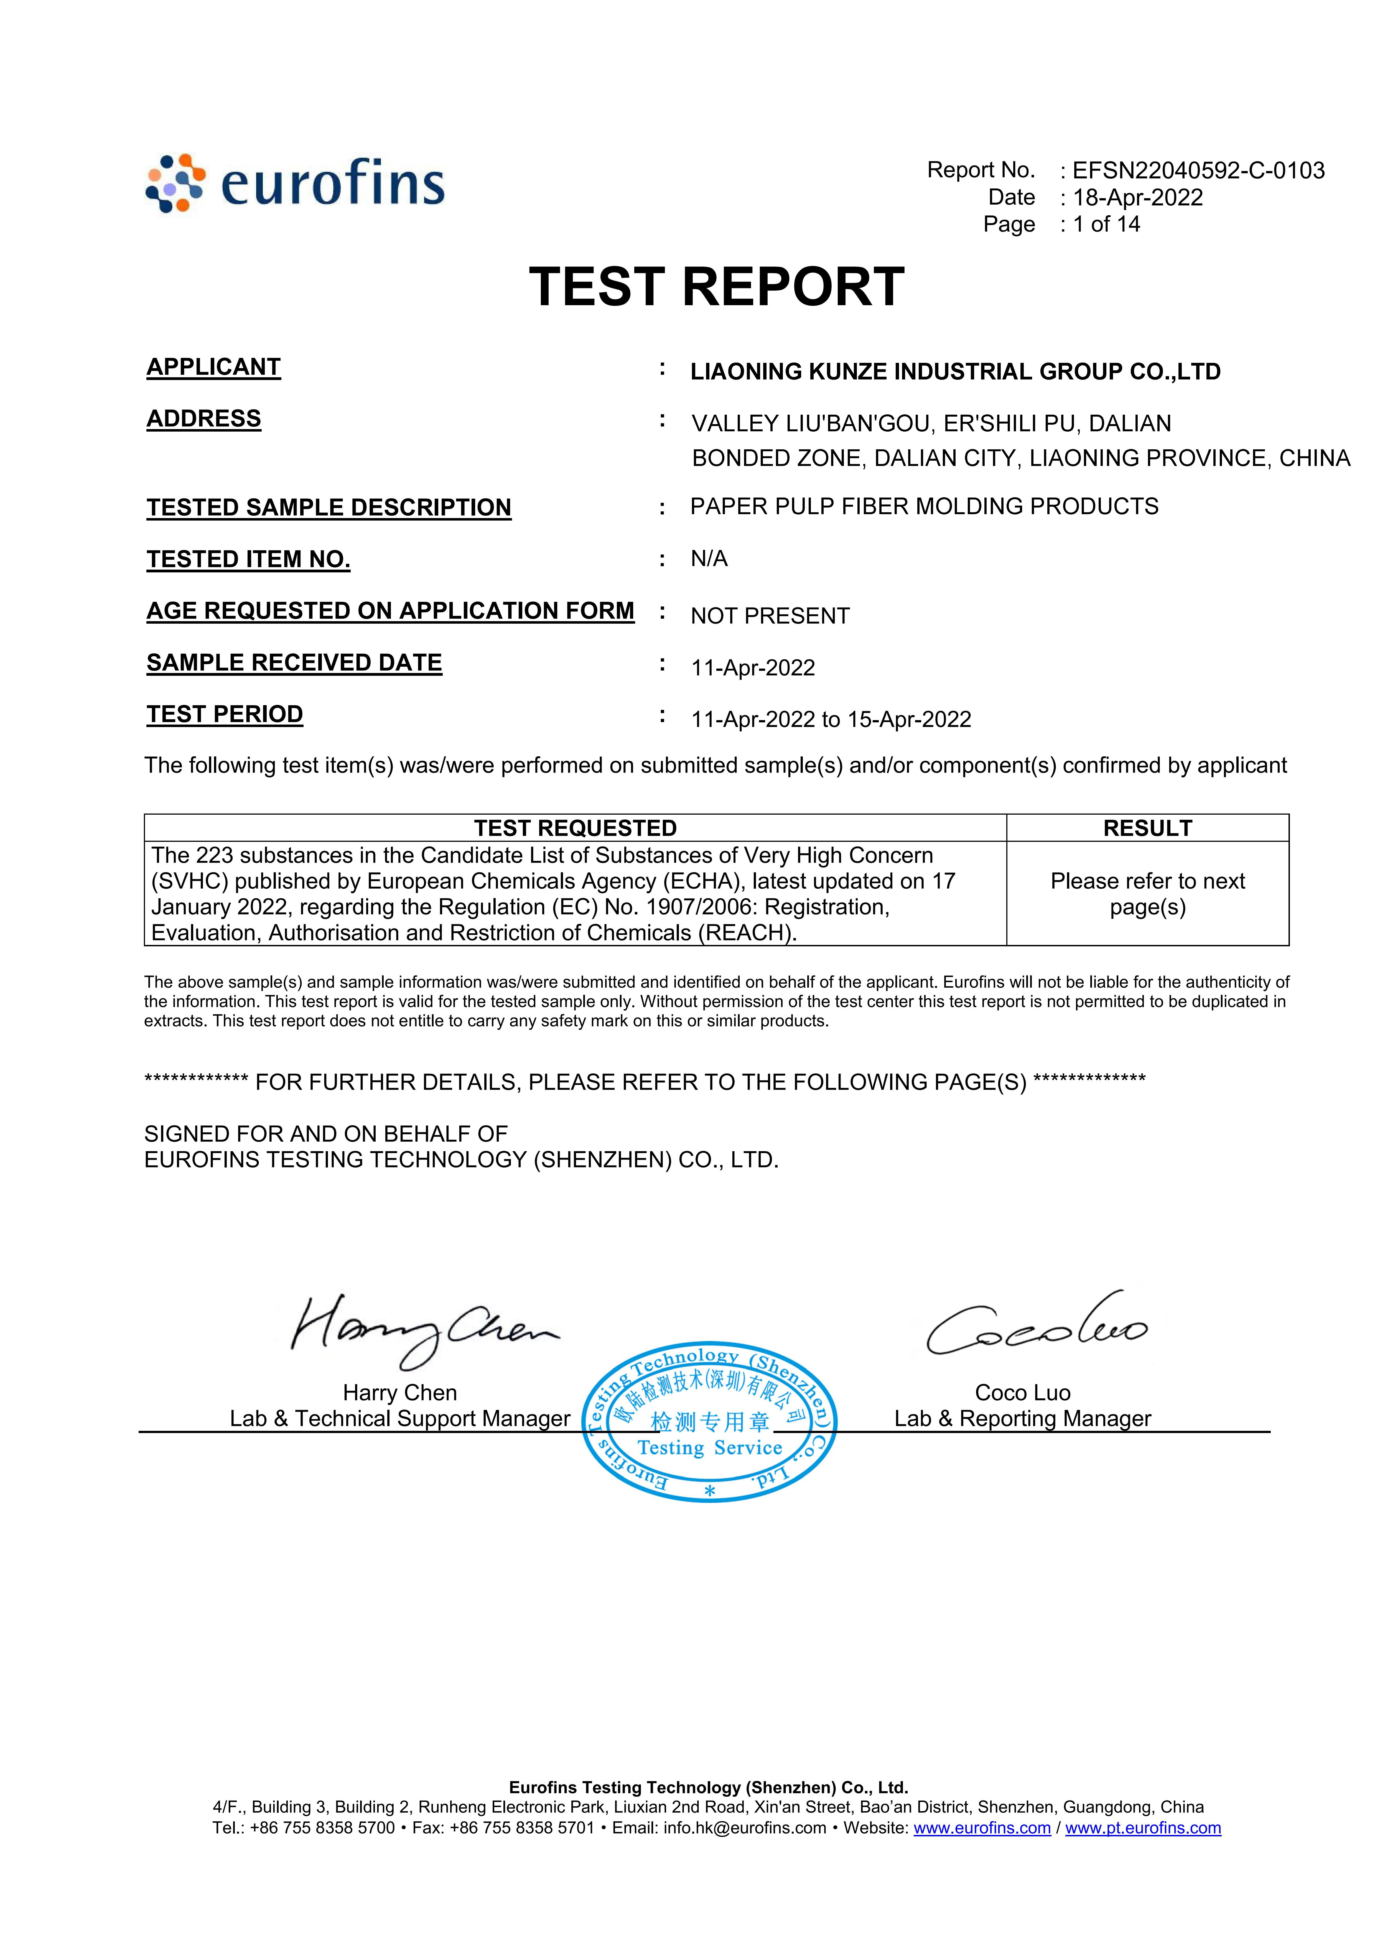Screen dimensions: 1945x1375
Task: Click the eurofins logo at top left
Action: (x=295, y=183)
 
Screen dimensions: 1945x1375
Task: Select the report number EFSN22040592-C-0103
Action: (x=1198, y=170)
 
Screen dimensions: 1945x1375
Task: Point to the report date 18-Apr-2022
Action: (x=1138, y=197)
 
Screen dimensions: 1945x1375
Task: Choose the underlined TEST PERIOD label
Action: (x=225, y=714)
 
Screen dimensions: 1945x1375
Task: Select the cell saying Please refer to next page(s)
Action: (x=1147, y=894)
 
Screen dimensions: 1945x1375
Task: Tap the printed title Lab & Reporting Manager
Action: (x=1023, y=1419)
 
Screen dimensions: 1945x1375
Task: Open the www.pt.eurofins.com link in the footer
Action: (x=1143, y=1828)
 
